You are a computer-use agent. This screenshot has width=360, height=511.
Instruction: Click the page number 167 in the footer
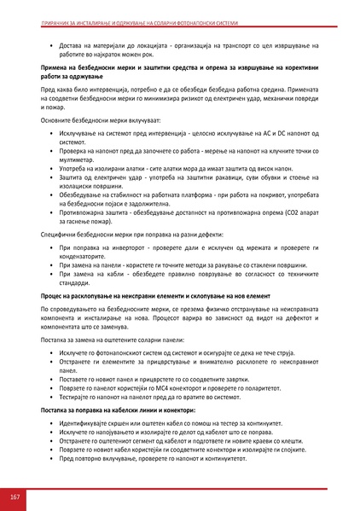(14, 496)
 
